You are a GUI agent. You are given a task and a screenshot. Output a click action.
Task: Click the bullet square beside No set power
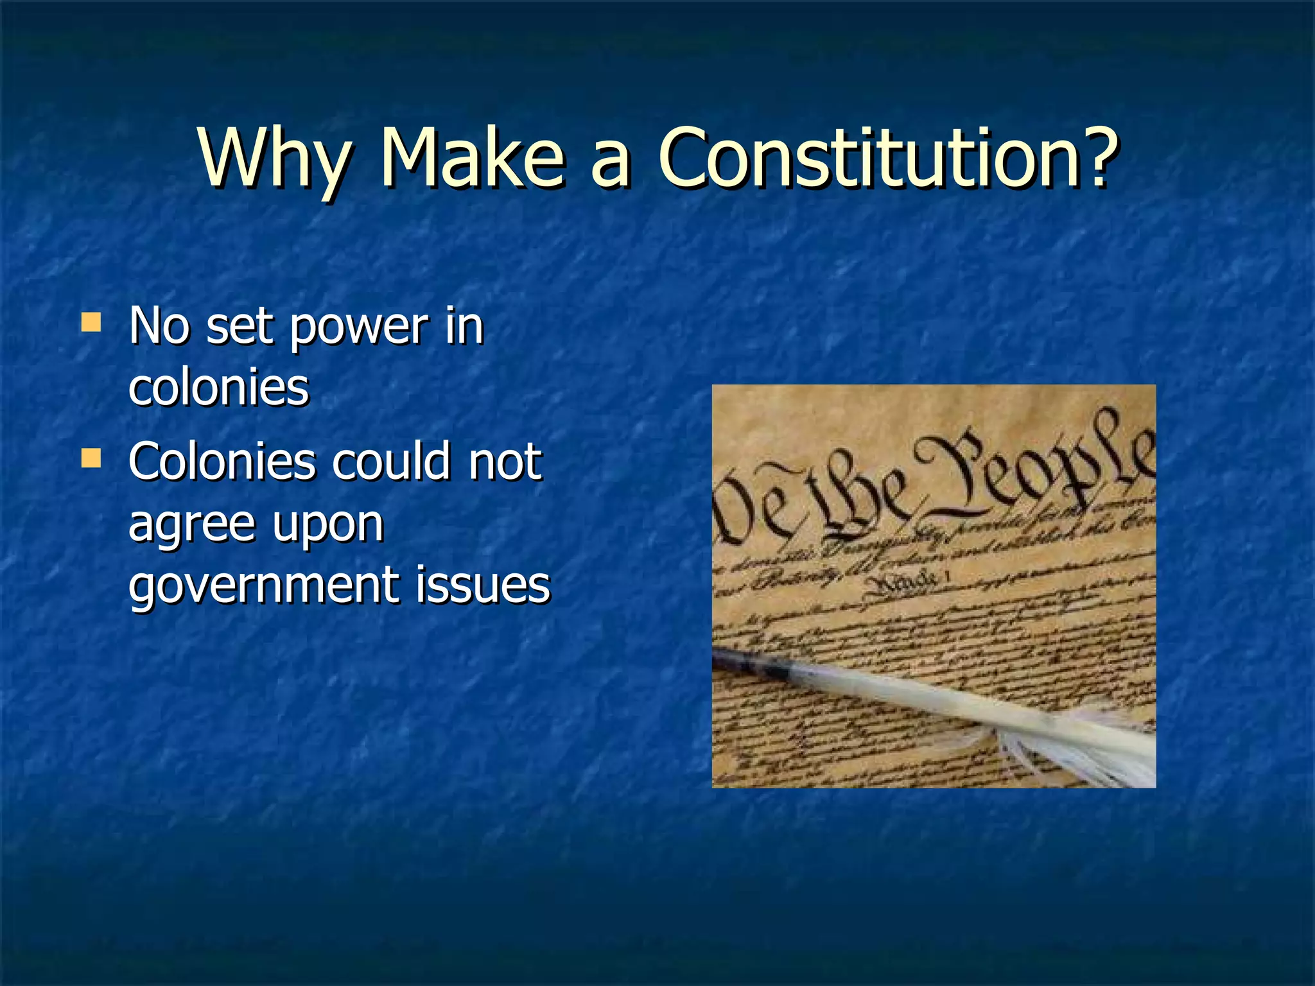[x=91, y=322]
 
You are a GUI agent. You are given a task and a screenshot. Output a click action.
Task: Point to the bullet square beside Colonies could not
[x=91, y=458]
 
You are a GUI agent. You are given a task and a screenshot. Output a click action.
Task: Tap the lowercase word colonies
[x=218, y=388]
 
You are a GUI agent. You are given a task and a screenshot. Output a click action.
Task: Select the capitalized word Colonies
[x=222, y=462]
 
